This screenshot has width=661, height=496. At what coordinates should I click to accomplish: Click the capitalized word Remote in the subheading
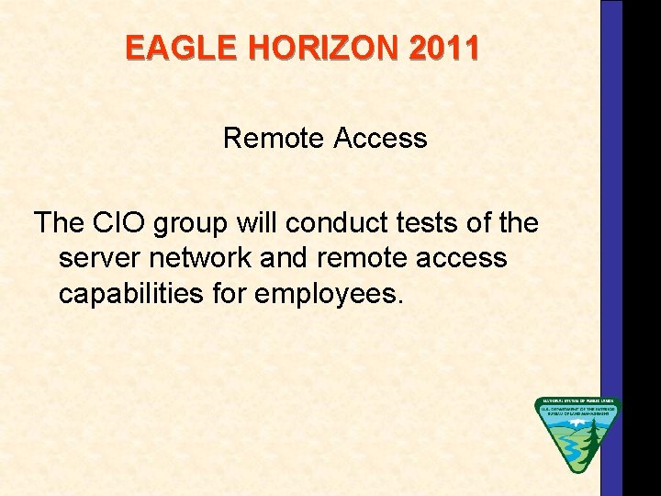pyautogui.click(x=274, y=139)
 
